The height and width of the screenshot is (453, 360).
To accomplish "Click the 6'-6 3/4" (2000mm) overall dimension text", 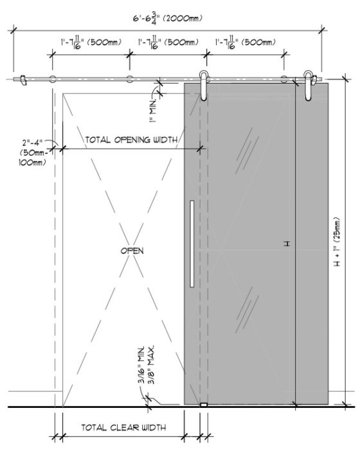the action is [x=167, y=19].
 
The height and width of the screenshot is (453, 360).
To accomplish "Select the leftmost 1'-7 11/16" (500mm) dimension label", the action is [x=91, y=42].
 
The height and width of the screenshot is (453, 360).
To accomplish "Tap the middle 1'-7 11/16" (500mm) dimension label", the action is [x=168, y=42].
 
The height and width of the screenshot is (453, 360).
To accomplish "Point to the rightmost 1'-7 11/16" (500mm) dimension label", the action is [x=246, y=42].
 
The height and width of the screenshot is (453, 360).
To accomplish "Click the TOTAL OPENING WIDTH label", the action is [x=131, y=140].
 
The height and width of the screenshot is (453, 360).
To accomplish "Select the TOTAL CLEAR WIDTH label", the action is [x=123, y=427].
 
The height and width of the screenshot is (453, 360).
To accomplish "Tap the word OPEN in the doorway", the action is [x=132, y=250].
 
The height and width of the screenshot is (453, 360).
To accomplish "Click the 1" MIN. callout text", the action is [x=153, y=111].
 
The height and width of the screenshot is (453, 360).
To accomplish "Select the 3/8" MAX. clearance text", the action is [x=151, y=365].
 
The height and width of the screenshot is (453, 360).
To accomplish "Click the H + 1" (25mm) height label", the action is [x=337, y=241].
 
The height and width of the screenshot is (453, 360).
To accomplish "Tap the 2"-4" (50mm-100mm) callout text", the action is [x=33, y=153].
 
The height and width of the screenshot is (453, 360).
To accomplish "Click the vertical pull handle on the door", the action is [x=192, y=243].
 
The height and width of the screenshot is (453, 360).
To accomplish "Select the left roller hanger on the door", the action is [x=203, y=85].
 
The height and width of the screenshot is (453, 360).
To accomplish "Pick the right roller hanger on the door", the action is [x=309, y=85].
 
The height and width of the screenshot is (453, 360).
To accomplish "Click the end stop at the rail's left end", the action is [x=22, y=80].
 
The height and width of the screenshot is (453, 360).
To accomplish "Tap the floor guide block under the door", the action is [x=204, y=405].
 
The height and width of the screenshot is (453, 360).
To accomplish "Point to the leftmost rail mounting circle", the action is [x=53, y=79].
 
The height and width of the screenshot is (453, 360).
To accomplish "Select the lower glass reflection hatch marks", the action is [x=247, y=310].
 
